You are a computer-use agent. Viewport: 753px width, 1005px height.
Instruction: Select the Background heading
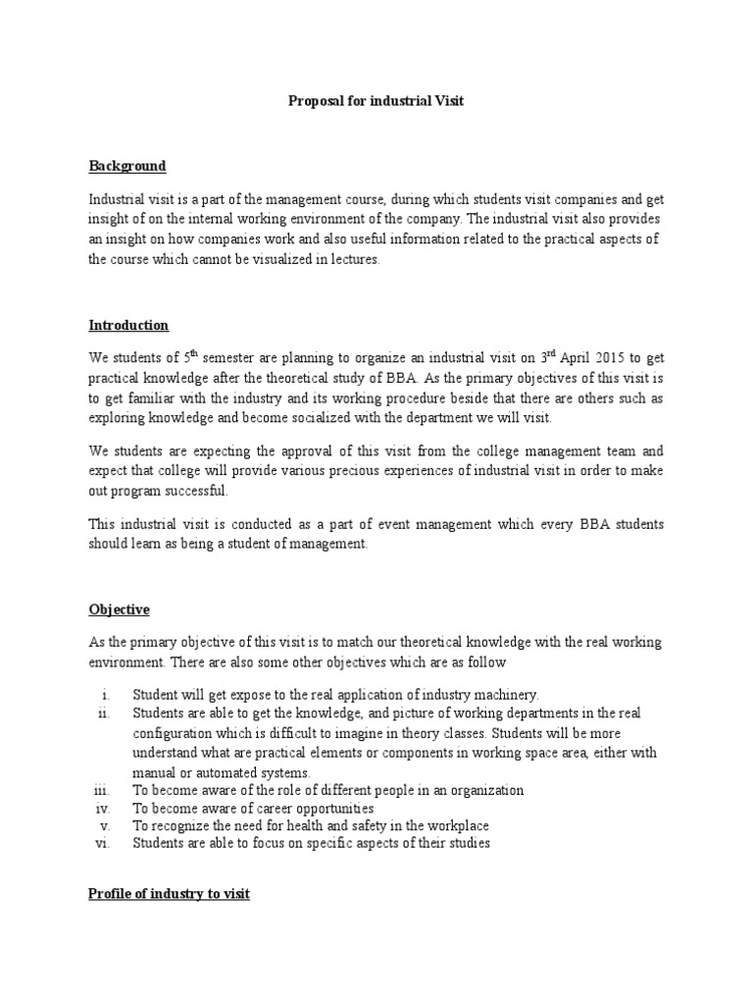[127, 166]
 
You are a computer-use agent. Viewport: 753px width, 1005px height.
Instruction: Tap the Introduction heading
[128, 325]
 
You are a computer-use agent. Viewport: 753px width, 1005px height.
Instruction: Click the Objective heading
[119, 609]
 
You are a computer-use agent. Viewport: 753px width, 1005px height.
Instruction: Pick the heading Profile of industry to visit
[169, 894]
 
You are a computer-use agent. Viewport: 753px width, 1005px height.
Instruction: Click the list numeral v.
[104, 826]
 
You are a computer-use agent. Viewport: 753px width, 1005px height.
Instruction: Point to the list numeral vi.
[102, 844]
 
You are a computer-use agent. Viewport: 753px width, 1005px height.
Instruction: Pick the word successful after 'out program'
[194, 491]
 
